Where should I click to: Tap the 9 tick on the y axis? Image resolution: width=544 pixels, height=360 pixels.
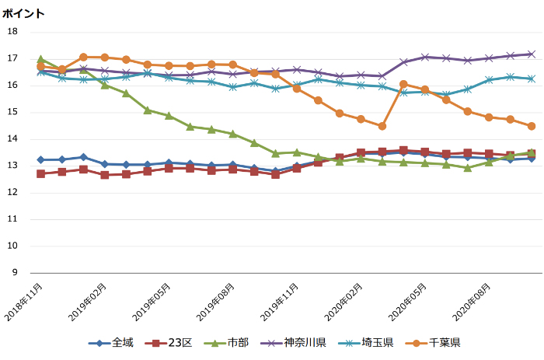point(14,273)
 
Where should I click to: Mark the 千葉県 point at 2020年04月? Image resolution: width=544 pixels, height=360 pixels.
point(403,84)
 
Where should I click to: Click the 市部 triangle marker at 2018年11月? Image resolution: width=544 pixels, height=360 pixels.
point(40,59)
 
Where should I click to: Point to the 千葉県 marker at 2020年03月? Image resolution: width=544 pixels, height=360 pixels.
point(382,126)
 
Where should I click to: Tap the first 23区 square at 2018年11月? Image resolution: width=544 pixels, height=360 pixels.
point(40,173)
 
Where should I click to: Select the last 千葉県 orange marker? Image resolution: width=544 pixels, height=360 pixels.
point(532,126)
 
